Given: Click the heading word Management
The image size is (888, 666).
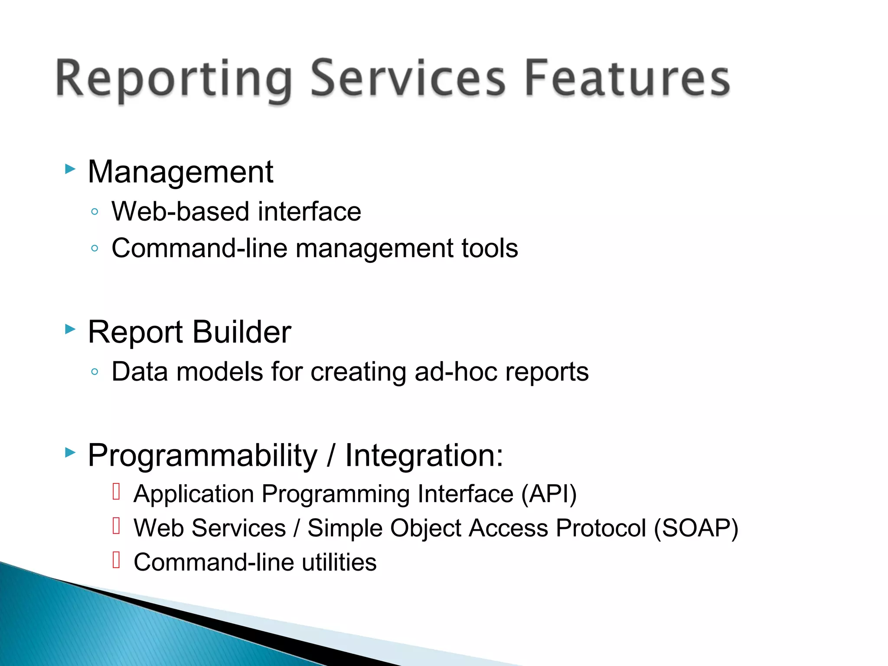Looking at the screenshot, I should coord(180,172).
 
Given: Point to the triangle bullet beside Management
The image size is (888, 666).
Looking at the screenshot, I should coord(70,169).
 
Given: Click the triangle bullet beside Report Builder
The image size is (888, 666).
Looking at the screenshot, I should coord(70,329).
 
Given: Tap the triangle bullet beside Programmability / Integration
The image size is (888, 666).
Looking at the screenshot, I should coord(70,453).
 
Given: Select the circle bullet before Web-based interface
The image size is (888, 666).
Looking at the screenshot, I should coord(95,212).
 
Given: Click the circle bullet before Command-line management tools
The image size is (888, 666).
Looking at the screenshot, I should coord(95,248).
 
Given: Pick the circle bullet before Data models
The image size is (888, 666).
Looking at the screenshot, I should coord(95,372).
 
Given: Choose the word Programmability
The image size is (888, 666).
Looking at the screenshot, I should coord(202,456).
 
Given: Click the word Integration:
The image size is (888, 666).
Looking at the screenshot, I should coord(424,456).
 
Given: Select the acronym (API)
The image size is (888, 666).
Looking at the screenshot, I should coord(549,494).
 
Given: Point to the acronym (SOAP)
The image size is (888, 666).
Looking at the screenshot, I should coord(696,528).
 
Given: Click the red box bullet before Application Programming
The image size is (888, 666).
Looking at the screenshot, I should coord(116,492).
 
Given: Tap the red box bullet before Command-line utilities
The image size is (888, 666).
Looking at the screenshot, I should coord(116,560).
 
